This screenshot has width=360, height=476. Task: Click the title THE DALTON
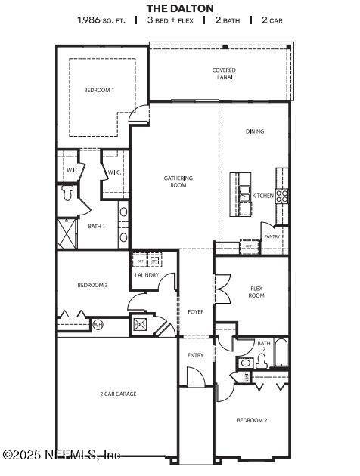point(180,8)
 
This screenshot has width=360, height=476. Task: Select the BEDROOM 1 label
point(99,91)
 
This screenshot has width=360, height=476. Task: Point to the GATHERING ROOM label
point(178,181)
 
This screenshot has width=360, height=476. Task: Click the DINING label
point(255,131)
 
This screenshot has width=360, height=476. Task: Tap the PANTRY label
point(272,236)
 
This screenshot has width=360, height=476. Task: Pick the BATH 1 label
point(96,226)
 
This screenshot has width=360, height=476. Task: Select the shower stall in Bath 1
point(68,233)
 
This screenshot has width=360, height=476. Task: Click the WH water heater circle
point(98,324)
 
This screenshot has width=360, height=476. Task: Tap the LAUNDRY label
point(147,275)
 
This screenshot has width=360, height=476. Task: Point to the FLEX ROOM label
point(256,292)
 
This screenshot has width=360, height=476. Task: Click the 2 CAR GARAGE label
point(118,394)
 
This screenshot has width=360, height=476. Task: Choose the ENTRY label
point(195,355)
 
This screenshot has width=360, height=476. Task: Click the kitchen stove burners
point(281,196)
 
